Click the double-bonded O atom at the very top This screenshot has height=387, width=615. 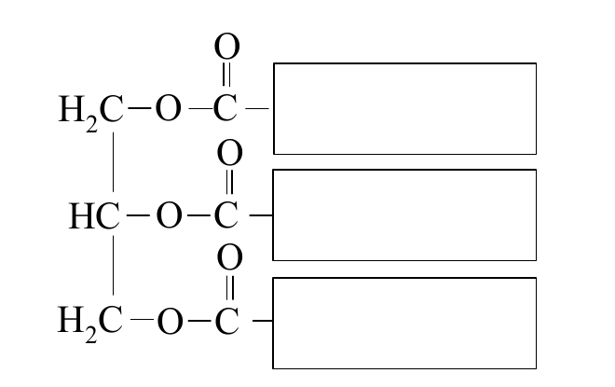click(227, 47)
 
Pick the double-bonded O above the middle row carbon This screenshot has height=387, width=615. click(230, 153)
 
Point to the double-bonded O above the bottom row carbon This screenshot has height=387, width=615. click(230, 257)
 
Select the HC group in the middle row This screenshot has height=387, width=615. click(94, 215)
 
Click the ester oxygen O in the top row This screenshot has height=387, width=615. click(169, 108)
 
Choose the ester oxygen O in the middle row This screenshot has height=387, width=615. click(169, 215)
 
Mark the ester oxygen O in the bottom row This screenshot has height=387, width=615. click(170, 321)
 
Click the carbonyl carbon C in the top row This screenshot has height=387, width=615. click(225, 108)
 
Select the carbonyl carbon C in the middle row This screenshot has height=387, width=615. click(226, 215)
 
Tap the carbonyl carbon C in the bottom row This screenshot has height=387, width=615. click(227, 321)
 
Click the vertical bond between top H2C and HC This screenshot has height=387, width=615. click(114, 162)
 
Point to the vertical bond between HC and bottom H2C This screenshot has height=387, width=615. click(114, 266)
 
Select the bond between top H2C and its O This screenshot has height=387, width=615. click(139, 108)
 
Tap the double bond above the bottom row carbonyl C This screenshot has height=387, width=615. click(230, 288)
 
